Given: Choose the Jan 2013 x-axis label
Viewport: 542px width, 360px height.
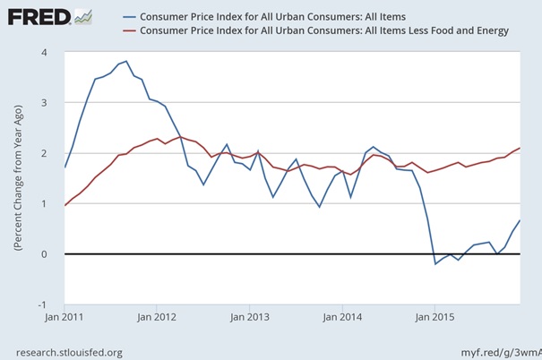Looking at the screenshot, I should (250, 316).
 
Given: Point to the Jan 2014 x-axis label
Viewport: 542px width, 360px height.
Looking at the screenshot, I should (342, 316).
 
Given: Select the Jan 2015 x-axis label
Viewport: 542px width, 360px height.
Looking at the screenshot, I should (434, 316).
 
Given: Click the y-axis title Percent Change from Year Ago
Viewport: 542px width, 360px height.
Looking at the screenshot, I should (19, 179).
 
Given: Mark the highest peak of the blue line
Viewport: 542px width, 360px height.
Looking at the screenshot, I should (126, 61).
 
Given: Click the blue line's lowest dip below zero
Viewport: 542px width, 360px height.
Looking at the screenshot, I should (435, 264).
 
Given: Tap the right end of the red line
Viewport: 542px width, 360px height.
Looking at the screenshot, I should (520, 148).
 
